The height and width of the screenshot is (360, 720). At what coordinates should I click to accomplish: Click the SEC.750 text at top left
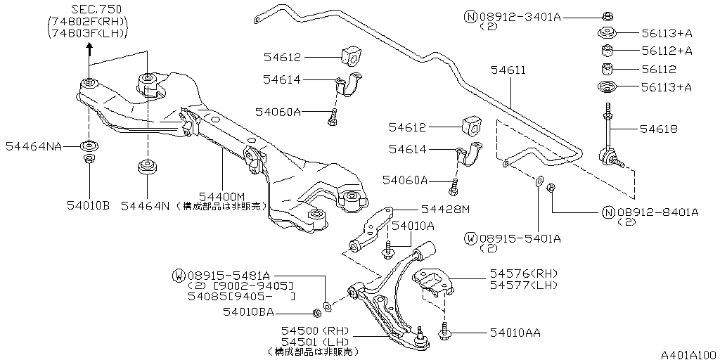point(95,9)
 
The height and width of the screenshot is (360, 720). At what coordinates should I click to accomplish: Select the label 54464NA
point(33,146)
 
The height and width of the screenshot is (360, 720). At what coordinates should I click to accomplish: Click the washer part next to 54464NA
point(89,146)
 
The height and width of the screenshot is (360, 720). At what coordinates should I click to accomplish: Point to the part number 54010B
point(88,205)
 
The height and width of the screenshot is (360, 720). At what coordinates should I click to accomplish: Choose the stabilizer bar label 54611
point(508,70)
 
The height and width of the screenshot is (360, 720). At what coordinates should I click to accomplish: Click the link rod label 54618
point(658,129)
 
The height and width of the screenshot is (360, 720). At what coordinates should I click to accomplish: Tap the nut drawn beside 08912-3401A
point(606,15)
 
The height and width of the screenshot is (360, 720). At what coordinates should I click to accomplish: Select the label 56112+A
point(667,51)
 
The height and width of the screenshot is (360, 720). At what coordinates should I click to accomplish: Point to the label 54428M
point(445,209)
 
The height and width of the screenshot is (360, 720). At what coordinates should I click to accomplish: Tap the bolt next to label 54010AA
point(445,330)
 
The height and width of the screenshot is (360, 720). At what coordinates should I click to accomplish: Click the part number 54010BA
point(248,311)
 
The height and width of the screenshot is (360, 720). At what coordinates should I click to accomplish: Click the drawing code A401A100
point(688,354)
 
